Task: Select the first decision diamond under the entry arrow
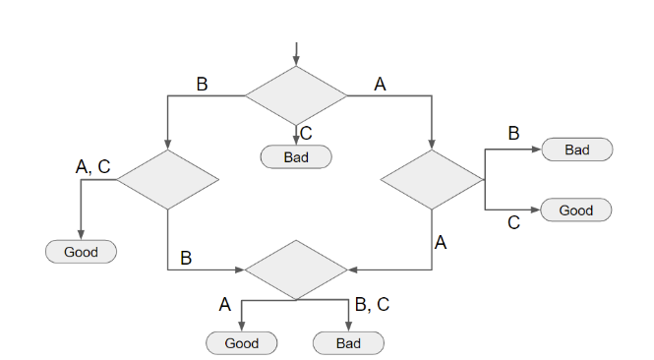point(295,95)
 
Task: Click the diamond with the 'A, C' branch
point(167,180)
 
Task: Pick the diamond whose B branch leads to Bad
point(432,180)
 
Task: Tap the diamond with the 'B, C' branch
point(295,269)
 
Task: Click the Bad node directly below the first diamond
point(296,156)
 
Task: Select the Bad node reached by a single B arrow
point(577,150)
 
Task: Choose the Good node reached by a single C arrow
point(576,210)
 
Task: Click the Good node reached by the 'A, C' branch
point(81,252)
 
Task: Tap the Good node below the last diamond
point(241,343)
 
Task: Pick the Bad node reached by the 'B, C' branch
point(348,343)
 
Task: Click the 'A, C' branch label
point(93,167)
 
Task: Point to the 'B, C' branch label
point(372,305)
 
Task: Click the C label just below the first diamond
point(306,134)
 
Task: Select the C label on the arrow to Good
point(513,223)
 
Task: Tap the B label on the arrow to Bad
point(513,133)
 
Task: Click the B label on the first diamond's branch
point(202,84)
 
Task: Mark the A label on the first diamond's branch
point(381,84)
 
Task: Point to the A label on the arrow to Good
point(225,305)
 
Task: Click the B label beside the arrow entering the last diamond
point(185,259)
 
